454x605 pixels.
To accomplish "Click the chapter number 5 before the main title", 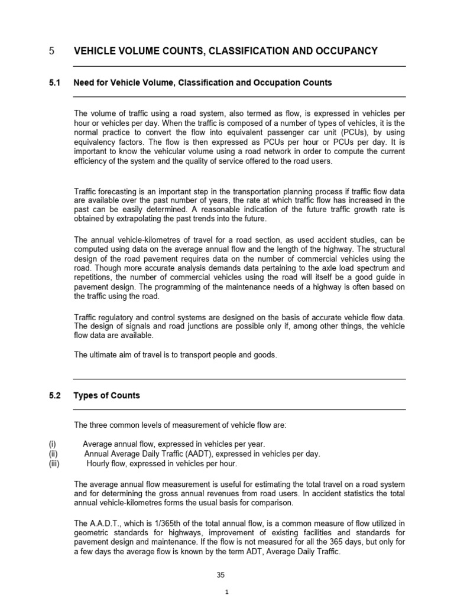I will pos(52,51).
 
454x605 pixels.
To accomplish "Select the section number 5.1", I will pos(55,83).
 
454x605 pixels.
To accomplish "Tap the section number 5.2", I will pos(55,395).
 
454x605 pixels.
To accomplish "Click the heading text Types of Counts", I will pos(106,395).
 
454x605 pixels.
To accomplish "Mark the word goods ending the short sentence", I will pos(264,354).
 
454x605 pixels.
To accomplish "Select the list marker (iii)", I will pos(54,464).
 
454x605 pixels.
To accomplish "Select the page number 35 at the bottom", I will pos(222,574).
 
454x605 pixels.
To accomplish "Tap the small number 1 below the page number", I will pos(226,593).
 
